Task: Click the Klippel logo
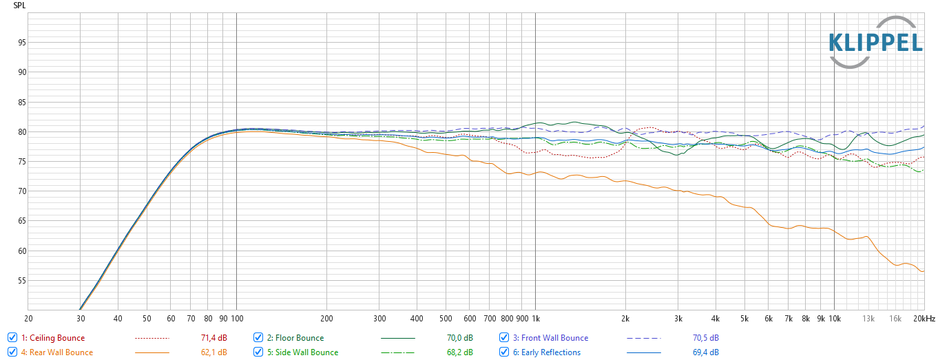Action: [x=875, y=43]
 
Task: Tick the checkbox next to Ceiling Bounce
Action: [x=12, y=338]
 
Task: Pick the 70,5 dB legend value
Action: [x=705, y=338]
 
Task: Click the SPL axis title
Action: [x=20, y=5]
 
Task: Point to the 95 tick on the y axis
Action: [x=22, y=43]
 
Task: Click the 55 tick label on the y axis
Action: [x=22, y=281]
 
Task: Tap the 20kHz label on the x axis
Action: [x=924, y=319]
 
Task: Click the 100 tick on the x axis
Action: [x=236, y=319]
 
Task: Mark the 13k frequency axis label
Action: [x=869, y=319]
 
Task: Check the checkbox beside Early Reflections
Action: [x=504, y=352]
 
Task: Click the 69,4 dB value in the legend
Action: [x=705, y=352]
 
